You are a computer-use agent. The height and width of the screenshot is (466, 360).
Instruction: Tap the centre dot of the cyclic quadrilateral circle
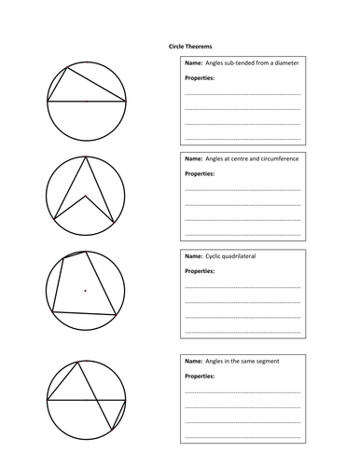click(86, 291)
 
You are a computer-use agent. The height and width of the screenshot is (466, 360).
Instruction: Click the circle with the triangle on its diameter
click(85, 99)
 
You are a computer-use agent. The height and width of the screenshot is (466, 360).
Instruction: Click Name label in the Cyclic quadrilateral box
click(194, 255)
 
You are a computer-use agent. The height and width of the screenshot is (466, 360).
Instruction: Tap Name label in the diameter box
click(194, 62)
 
